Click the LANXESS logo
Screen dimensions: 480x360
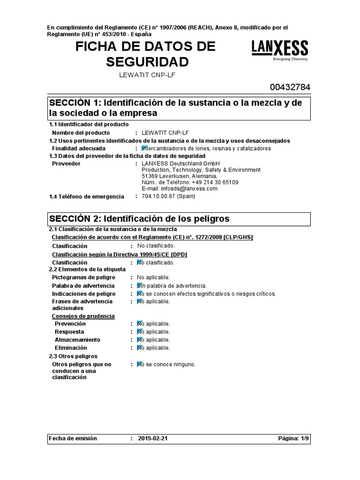[x=280, y=50]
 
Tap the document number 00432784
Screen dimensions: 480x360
[x=290, y=87]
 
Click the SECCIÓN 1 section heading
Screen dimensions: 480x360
[x=179, y=108]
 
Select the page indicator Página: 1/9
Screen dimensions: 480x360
[x=293, y=439]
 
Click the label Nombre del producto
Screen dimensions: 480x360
[x=81, y=133]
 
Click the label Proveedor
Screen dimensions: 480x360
[x=66, y=164]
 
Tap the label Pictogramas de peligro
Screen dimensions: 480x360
[x=83, y=277]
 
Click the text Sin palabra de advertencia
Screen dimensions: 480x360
[x=172, y=285]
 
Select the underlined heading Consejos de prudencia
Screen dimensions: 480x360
[x=83, y=316]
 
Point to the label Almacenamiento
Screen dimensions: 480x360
[x=77, y=340]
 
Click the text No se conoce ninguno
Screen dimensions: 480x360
[x=166, y=364]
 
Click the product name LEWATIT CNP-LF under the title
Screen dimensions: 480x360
[x=148, y=75]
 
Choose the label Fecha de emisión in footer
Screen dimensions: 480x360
[x=73, y=439]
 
